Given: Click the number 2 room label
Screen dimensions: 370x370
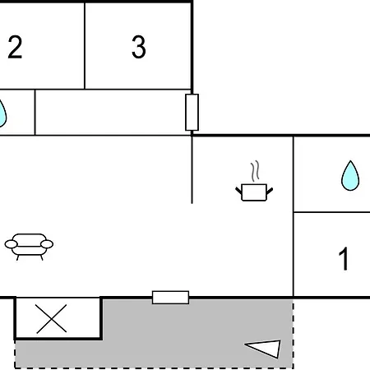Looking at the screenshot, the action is [15, 47].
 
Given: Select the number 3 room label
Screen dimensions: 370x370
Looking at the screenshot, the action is [139, 47].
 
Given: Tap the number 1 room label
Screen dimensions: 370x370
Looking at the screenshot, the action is [344, 258].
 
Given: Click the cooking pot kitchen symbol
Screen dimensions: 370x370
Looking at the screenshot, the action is [254, 192].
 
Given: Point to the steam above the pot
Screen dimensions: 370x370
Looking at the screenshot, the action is [255, 171].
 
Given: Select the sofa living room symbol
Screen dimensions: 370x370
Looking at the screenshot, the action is [29, 247].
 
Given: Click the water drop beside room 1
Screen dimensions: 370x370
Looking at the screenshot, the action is [350, 176].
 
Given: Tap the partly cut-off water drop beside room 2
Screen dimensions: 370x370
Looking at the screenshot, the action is [2, 113].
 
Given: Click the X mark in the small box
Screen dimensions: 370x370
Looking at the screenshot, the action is [52, 319].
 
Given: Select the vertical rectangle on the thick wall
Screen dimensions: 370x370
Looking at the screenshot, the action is [192, 113].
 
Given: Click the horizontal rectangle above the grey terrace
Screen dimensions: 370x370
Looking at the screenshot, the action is [170, 298].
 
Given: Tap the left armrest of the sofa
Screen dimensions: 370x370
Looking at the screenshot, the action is [11, 244].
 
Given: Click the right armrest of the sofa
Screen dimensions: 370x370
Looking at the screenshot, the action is [47, 244].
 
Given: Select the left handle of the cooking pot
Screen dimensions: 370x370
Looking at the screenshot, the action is [238, 190].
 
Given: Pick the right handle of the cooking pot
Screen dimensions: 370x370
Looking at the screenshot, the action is [270, 191].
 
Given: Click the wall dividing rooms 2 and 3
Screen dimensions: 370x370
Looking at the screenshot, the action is [85, 46].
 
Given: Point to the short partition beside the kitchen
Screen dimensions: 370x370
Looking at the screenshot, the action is [192, 169].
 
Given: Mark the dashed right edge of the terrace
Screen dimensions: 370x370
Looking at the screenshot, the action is [293, 334].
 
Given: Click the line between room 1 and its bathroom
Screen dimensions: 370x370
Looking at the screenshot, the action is [331, 212].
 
